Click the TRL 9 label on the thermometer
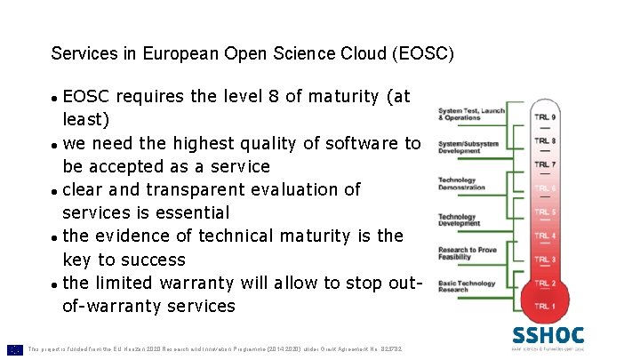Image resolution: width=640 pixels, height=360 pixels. pos(546,117)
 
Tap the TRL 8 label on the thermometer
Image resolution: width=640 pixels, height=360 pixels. pos(546,140)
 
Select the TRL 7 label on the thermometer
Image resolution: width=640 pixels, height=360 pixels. pos(546,164)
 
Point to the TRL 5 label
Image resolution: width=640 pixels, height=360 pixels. pos(546,212)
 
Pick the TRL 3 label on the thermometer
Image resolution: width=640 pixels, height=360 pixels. pos(546,260)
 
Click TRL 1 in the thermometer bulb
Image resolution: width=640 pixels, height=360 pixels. pos(546,307)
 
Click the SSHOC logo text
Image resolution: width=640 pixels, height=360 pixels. pos(548,336)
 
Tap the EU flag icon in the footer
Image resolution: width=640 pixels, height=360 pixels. pos(15,349)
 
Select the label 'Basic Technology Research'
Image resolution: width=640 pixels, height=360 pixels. pos(466,286)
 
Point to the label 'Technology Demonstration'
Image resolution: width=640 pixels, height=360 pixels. pos(461,184)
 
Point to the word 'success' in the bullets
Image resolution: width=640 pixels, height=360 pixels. pos(153,260)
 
